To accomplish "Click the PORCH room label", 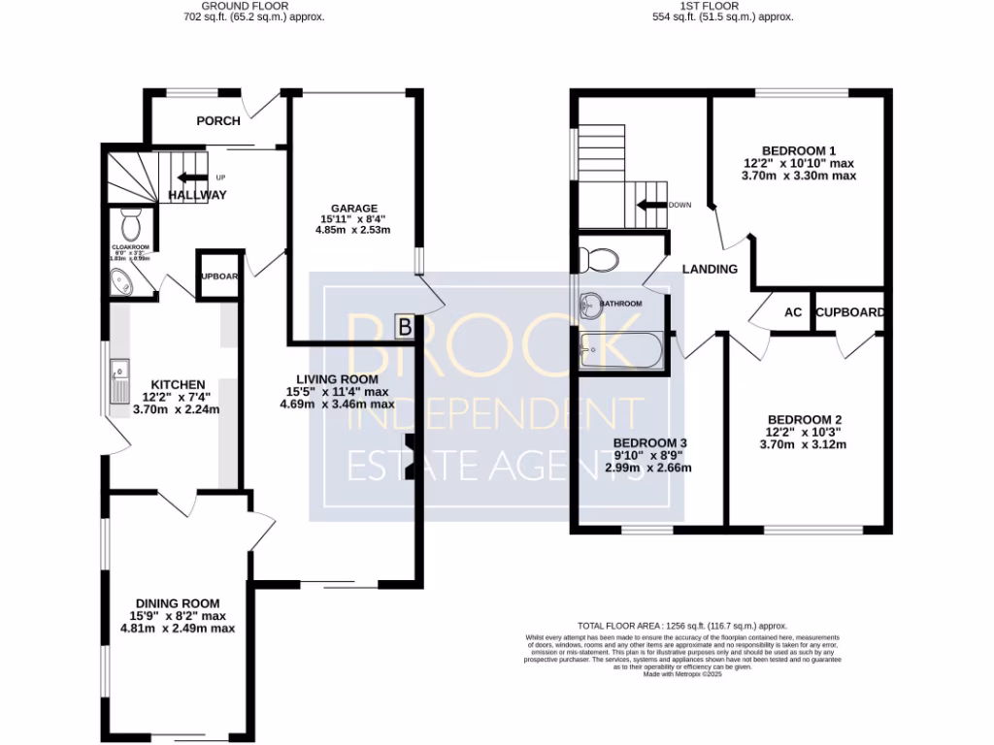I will (218, 121).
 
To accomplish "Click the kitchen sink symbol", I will (121, 379).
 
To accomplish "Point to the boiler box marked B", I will (405, 327).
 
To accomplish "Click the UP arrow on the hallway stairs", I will (190, 178).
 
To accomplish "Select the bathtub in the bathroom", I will (621, 351).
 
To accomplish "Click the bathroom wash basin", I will (588, 305).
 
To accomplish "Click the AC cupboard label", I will (793, 312).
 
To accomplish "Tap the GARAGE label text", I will (353, 209).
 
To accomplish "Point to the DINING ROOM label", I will (178, 603).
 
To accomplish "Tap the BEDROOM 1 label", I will (798, 150).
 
